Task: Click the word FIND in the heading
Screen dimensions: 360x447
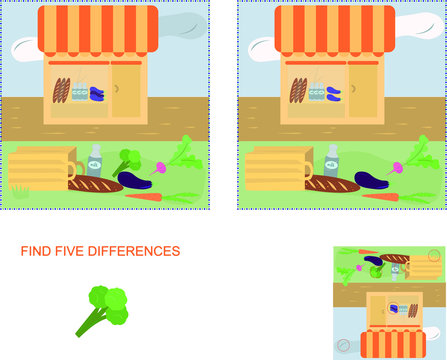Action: click(x=36, y=251)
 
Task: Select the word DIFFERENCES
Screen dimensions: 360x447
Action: click(x=134, y=251)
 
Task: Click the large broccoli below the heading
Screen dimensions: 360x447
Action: click(x=104, y=308)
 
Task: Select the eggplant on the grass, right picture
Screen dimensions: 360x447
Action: click(x=371, y=182)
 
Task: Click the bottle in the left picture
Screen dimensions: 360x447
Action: click(x=95, y=158)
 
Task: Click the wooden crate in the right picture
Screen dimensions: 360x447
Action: click(x=277, y=166)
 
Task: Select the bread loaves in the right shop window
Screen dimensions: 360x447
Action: click(x=298, y=91)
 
